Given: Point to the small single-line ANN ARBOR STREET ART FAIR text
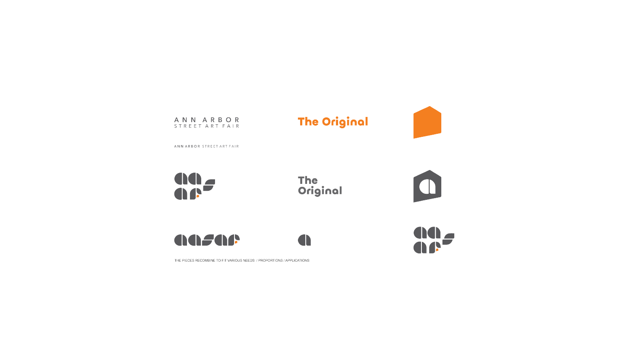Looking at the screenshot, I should click(206, 146).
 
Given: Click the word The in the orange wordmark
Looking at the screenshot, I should click(308, 122).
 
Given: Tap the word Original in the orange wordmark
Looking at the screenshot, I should click(345, 122).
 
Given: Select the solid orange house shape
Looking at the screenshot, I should click(427, 123).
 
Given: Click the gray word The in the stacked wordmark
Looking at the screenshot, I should click(308, 180).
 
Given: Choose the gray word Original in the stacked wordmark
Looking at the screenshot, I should click(320, 191).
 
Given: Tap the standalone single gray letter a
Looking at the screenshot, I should click(304, 240).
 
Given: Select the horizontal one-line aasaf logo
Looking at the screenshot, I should click(206, 240).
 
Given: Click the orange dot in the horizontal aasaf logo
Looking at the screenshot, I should click(236, 242).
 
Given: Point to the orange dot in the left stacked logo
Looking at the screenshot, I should click(198, 196).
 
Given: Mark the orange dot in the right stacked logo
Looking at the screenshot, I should click(437, 250).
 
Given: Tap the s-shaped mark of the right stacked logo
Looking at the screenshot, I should click(449, 239).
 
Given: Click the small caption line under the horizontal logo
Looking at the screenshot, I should click(241, 260).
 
